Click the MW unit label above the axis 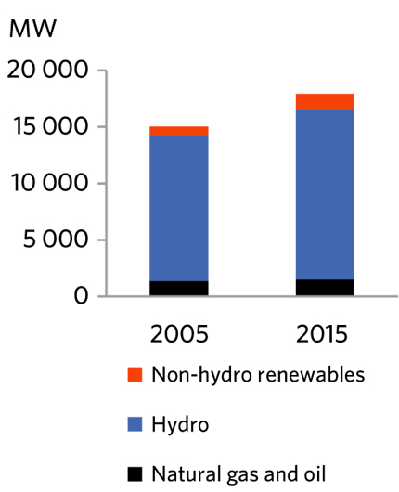(x=33, y=28)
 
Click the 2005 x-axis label (x=178, y=333)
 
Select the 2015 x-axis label (x=324, y=333)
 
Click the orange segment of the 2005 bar (x=178, y=131)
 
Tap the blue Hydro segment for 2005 (x=178, y=208)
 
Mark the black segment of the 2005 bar (x=178, y=288)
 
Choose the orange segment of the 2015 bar (x=324, y=101)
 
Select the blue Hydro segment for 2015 (x=324, y=194)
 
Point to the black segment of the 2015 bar (x=324, y=287)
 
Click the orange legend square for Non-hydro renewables (x=135, y=375)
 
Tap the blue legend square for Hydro (x=135, y=424)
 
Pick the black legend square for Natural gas (x=135, y=474)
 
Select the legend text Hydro (x=180, y=425)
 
